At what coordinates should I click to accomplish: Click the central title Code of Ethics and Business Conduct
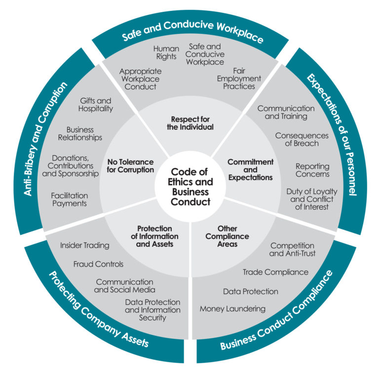coord(189,187)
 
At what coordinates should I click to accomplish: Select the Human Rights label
coord(166,53)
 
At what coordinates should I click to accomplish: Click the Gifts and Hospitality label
coord(96,104)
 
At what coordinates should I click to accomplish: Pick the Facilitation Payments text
coord(69,199)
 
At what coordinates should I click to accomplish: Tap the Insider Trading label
coord(85,245)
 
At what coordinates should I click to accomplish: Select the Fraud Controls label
coord(98,264)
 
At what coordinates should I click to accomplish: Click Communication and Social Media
coord(125,286)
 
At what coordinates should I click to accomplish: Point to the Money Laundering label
coord(232,309)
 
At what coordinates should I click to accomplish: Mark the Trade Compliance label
coord(275,272)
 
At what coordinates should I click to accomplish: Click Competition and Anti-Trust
coord(292,249)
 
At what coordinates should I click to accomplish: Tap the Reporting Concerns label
coord(312,170)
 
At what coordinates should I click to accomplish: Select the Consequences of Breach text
coord(302,139)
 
